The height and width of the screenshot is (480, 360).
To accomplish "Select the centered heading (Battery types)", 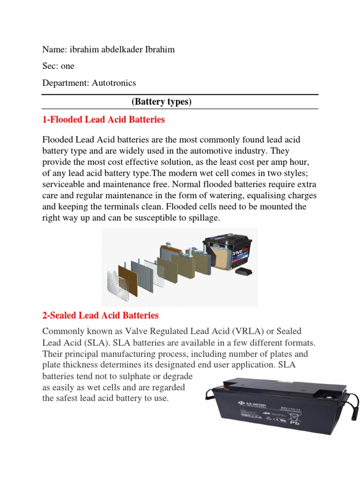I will (161, 102).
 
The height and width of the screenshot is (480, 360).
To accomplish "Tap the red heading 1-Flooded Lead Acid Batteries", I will (104, 120).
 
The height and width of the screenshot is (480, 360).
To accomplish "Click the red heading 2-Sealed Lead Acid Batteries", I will (100, 315).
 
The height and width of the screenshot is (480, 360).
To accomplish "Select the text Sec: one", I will (58, 66).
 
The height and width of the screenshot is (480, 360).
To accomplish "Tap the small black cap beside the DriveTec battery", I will (244, 271).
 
